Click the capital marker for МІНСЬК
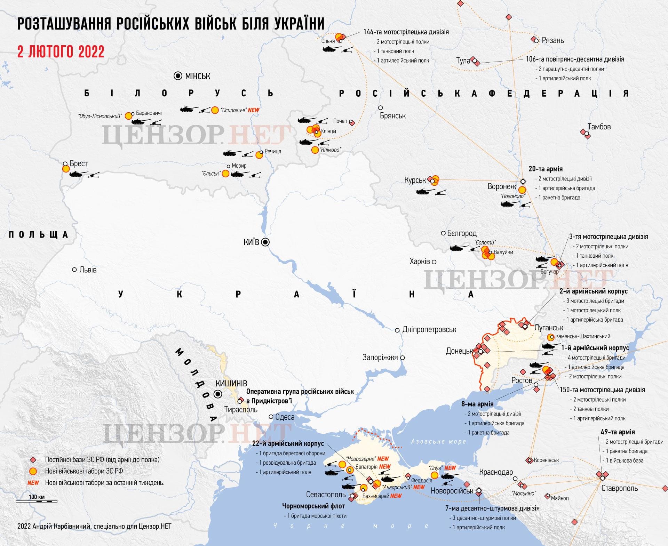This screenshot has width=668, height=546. pyautogui.click(x=178, y=76)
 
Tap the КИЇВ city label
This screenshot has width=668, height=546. pyautogui.click(x=251, y=242)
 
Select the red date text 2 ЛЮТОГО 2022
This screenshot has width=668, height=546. pyautogui.click(x=61, y=52)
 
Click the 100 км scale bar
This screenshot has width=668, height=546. pyautogui.click(x=37, y=501)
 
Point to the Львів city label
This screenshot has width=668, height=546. pyautogui.click(x=88, y=270)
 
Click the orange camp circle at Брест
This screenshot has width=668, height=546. pyautogui.click(x=66, y=169)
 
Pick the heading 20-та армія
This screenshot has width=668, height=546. pyautogui.click(x=545, y=169)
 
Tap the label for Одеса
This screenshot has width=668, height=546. pyautogui.click(x=285, y=417)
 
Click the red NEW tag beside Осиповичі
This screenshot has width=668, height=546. pyautogui.click(x=254, y=110)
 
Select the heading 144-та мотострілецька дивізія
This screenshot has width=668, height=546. pyautogui.click(x=406, y=32)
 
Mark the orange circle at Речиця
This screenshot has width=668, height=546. pyautogui.click(x=259, y=155)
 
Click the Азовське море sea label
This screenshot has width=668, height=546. pyautogui.click(x=438, y=441)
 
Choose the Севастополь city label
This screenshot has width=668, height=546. pyautogui.click(x=326, y=495)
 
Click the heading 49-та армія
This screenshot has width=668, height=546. pyautogui.click(x=618, y=432)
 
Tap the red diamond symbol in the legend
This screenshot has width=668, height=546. pyautogui.click(x=33, y=460)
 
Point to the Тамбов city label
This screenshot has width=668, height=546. pyautogui.click(x=599, y=127)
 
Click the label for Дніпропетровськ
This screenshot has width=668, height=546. pyautogui.click(x=429, y=329)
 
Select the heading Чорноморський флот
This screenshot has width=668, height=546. pyautogui.click(x=313, y=506)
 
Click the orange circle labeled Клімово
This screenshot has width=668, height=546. pyautogui.click(x=315, y=150)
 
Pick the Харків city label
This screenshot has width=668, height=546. pyautogui.click(x=420, y=261)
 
